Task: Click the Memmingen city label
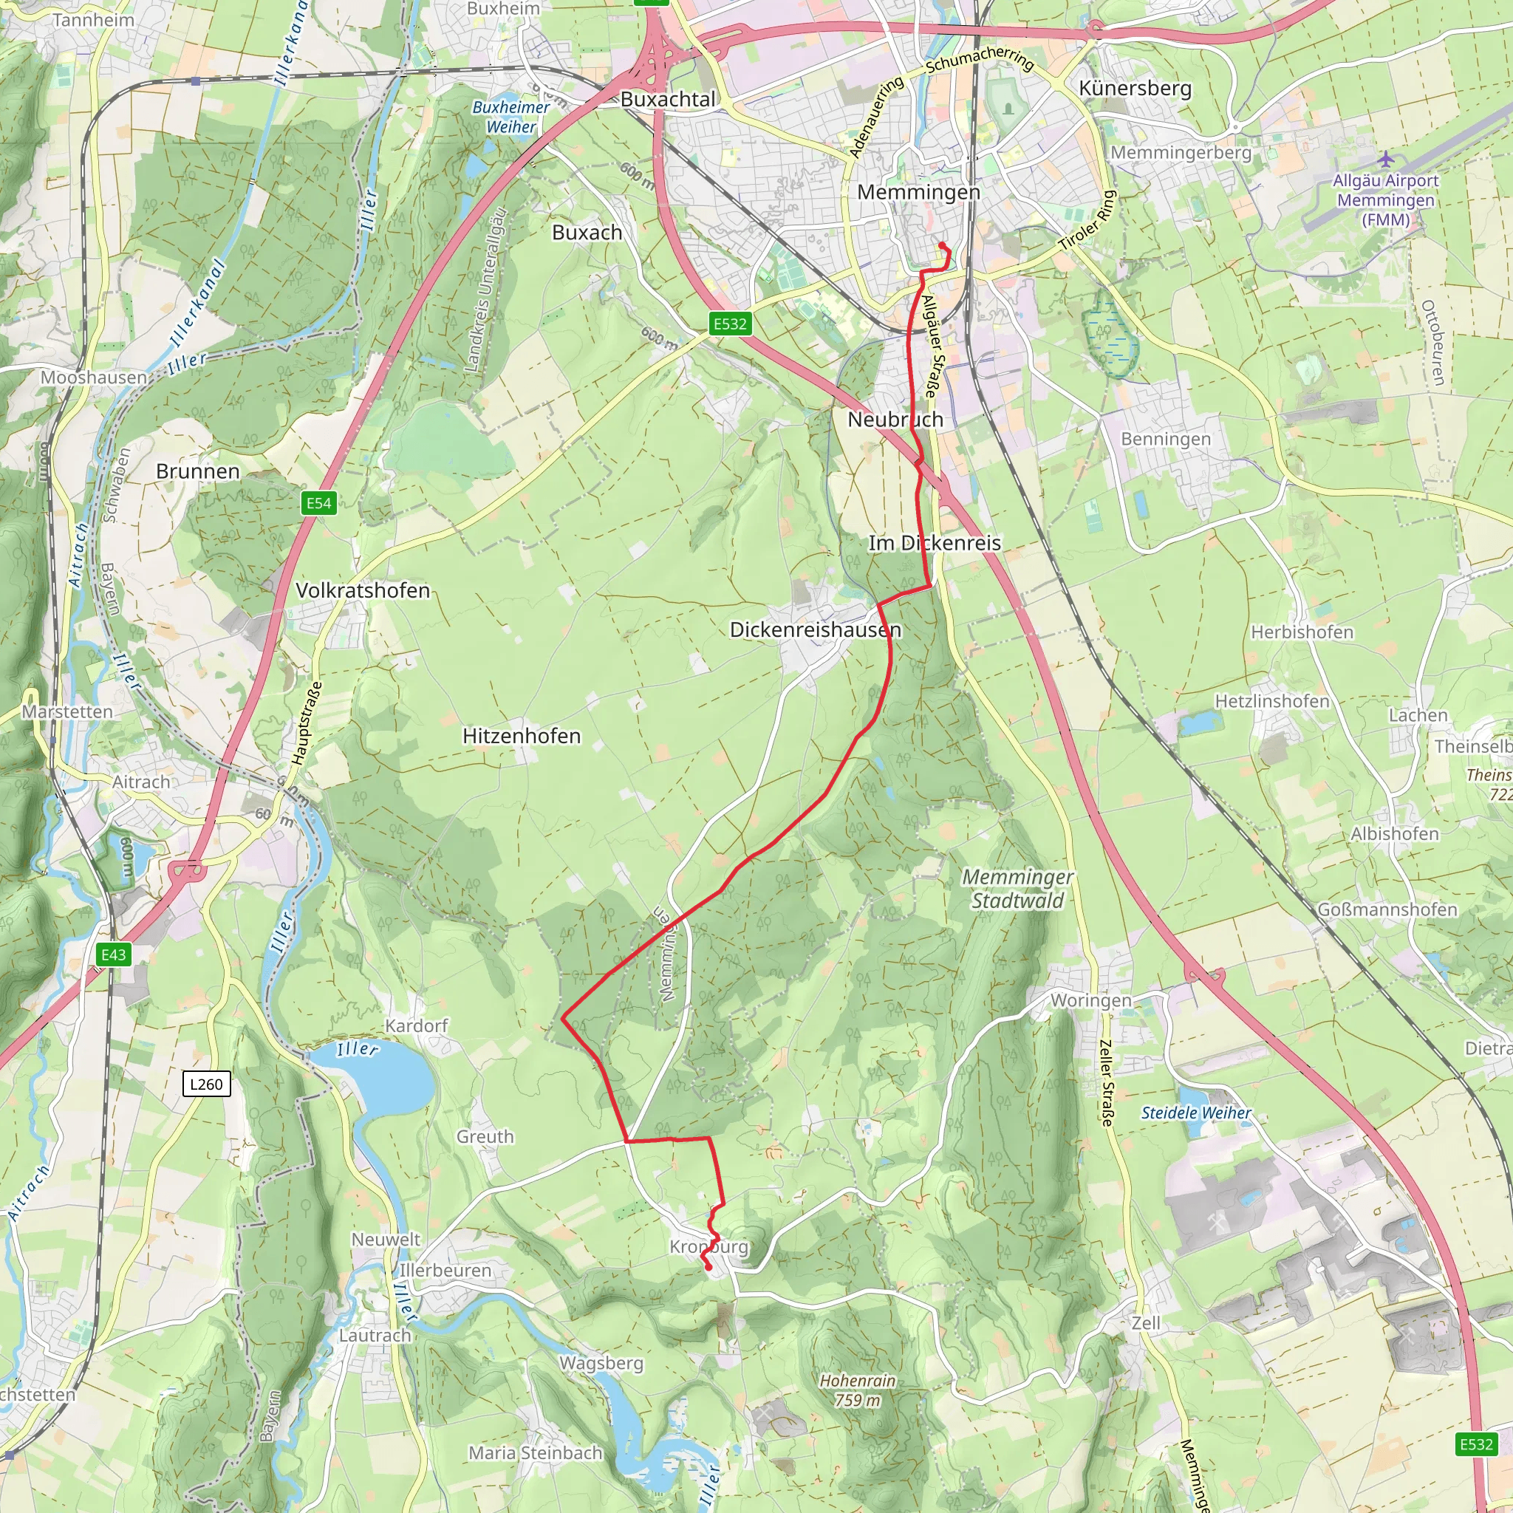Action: tap(918, 192)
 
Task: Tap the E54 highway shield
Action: tap(318, 503)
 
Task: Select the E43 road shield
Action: tap(114, 954)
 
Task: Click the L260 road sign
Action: tap(206, 1084)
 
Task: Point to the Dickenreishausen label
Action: tap(816, 629)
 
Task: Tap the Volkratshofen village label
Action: tap(363, 590)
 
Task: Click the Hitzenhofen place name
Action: tap(522, 735)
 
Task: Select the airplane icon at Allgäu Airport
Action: tap(1385, 159)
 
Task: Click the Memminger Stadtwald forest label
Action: tap(1017, 889)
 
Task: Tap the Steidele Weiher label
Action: tap(1196, 1113)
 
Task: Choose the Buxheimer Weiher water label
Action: tap(510, 117)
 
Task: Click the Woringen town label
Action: tap(1091, 1000)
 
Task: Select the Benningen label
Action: tap(1165, 439)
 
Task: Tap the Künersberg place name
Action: tap(1135, 88)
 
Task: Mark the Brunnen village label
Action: tap(197, 471)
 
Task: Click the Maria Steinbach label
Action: tap(535, 1452)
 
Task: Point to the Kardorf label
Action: tap(416, 1025)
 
